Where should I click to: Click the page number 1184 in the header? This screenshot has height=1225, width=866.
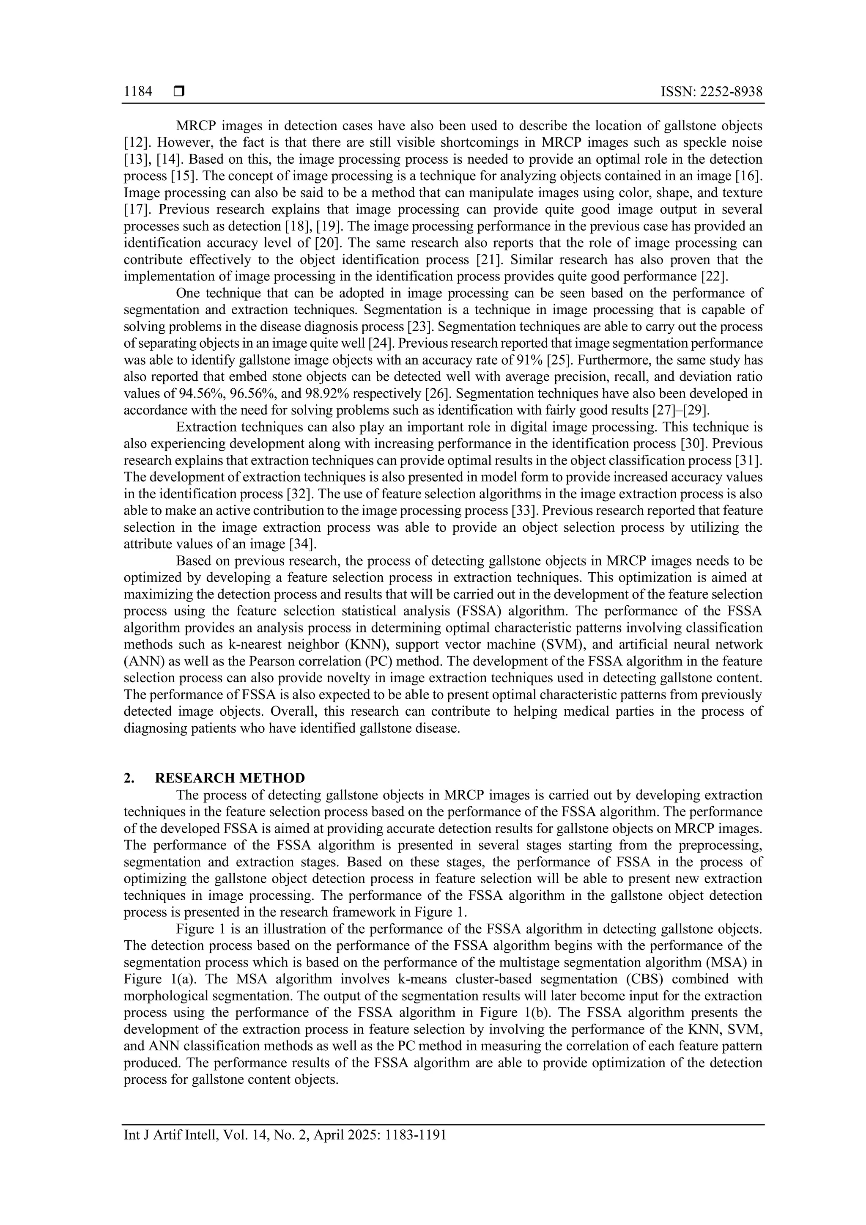point(137,92)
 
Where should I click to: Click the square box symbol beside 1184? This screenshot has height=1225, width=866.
point(178,92)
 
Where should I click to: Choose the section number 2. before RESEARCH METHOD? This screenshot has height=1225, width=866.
point(129,777)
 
